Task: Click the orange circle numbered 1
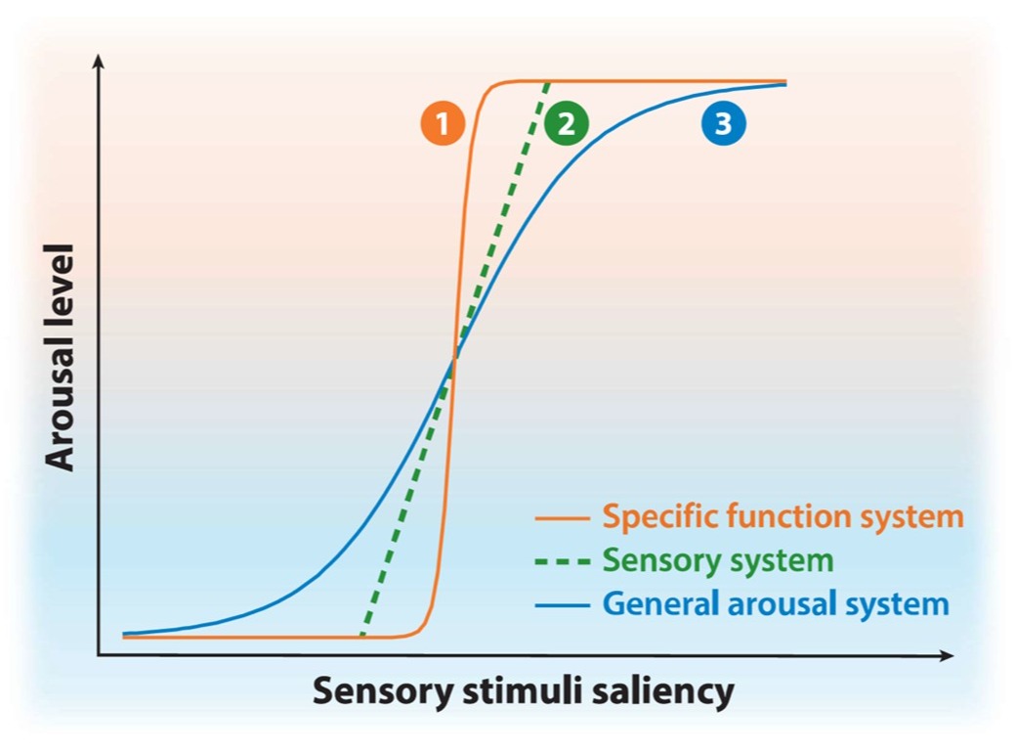443,124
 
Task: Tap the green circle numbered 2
568,124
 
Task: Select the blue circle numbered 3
723,123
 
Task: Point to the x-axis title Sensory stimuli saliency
523,691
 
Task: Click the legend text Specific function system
782,516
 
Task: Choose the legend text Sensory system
718,560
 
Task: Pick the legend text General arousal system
776,603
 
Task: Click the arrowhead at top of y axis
97,61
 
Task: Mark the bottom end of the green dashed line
362,634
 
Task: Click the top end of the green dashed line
544,84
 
